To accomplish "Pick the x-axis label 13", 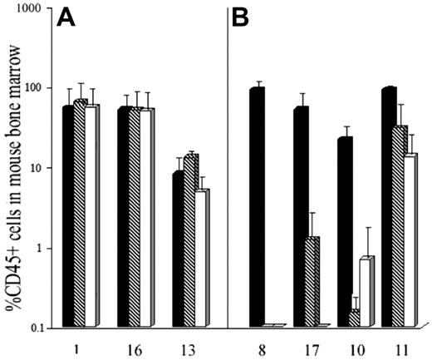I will [x=189, y=345].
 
